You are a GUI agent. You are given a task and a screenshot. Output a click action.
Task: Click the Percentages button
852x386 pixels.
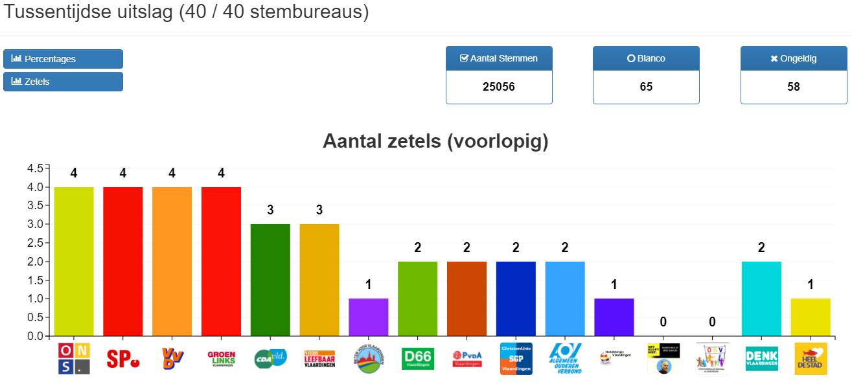click(x=63, y=59)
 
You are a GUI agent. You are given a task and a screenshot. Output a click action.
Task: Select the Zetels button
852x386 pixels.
click(x=63, y=82)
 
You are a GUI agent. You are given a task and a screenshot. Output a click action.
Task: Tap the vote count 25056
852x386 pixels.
click(x=499, y=87)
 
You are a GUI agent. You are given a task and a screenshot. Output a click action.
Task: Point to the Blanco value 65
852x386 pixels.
click(x=646, y=87)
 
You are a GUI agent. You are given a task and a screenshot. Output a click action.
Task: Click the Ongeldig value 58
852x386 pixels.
click(x=794, y=87)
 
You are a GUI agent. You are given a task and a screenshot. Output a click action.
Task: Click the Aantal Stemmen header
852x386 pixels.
click(x=499, y=58)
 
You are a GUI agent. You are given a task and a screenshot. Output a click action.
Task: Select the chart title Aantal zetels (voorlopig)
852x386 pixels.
click(x=435, y=142)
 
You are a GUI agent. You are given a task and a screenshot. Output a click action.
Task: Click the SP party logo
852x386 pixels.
click(x=123, y=358)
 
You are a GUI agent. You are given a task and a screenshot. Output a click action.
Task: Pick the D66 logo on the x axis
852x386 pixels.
click(x=418, y=358)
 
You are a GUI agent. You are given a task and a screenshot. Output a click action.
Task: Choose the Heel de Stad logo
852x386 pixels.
click(x=811, y=358)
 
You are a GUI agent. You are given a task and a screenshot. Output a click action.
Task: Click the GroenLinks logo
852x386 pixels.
click(x=221, y=358)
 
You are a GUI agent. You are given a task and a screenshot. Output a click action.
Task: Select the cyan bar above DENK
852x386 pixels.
click(x=761, y=299)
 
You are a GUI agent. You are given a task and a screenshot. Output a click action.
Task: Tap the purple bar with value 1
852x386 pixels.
click(x=369, y=317)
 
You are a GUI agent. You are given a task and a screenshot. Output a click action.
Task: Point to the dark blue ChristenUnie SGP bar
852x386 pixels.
click(x=516, y=299)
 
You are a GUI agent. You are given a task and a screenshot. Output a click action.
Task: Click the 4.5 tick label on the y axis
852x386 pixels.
click(x=36, y=168)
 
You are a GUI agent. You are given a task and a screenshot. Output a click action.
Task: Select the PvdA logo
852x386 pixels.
click(x=467, y=358)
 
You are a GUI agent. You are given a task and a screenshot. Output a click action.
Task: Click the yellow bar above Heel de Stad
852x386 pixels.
click(x=811, y=317)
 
